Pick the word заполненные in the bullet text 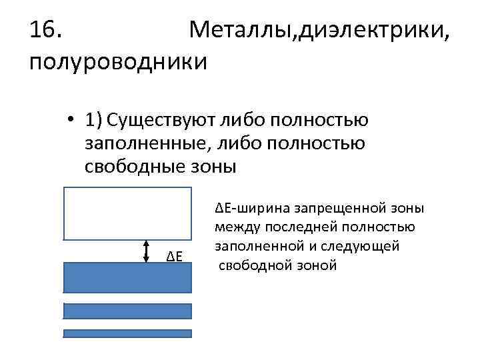coord(146,143)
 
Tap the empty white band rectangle coord(127,213)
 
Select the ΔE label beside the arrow coord(175,257)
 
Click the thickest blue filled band coord(127,277)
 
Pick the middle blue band coord(127,311)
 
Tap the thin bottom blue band coord(127,333)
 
